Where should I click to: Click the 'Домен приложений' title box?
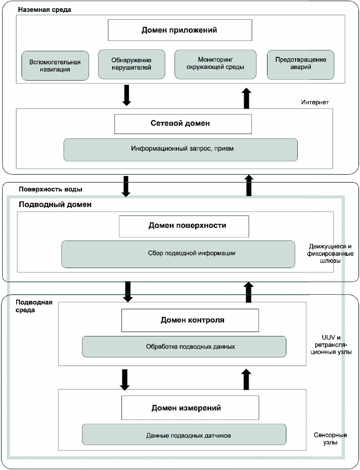[x=180, y=30]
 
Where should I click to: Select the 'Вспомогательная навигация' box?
[x=55, y=66]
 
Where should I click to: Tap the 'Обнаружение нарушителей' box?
[x=132, y=64]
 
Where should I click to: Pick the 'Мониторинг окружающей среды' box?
[x=215, y=64]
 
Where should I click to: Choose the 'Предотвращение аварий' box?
[x=301, y=65]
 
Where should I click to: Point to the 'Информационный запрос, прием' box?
[x=181, y=149]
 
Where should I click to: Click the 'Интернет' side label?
[x=315, y=102]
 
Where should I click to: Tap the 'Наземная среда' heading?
[x=45, y=10]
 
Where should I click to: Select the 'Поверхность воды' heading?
[x=51, y=189]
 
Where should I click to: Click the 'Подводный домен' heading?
[x=55, y=205]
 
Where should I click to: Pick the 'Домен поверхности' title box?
[x=184, y=226]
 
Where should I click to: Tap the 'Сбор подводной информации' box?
[x=178, y=254]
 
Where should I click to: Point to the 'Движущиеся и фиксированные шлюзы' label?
[x=330, y=254]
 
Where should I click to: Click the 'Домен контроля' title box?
[x=190, y=321]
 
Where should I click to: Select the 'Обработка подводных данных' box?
[x=184, y=346]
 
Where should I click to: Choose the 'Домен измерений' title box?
[x=190, y=408]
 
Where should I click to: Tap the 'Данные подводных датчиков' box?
[x=184, y=434]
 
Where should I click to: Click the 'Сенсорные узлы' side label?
[x=330, y=438]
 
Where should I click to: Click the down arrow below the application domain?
[x=127, y=95]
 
